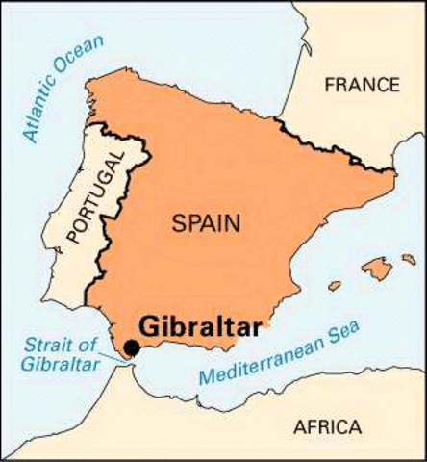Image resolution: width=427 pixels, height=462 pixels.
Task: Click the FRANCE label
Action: coord(362,85)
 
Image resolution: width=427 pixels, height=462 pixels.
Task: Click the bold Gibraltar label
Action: coord(200,326)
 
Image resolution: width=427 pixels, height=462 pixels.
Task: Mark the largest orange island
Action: coord(377,268)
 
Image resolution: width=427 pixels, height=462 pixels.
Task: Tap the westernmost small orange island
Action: coord(335,286)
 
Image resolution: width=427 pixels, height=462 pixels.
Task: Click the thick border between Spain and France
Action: coord(327,144)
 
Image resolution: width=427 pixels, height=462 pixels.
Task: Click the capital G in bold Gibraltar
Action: coord(150,326)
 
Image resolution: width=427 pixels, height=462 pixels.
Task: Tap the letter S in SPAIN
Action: coord(178,223)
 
